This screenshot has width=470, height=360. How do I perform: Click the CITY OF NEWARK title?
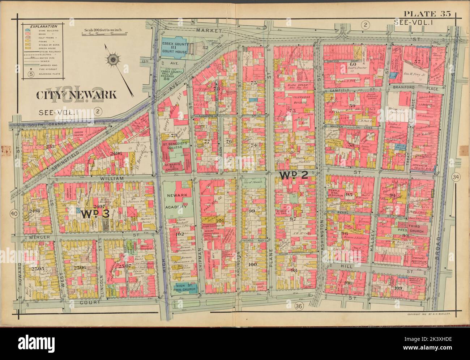pyautogui.click(x=76, y=95)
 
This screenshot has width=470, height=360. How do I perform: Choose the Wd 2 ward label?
pyautogui.click(x=293, y=175)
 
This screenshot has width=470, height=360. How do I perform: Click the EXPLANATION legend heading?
pyautogui.click(x=43, y=27)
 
